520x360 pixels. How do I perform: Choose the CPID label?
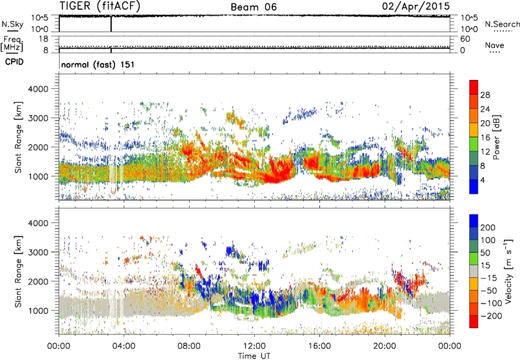(12, 62)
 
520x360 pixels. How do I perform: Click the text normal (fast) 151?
(93, 65)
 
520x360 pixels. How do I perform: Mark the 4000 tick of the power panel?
(44, 87)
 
